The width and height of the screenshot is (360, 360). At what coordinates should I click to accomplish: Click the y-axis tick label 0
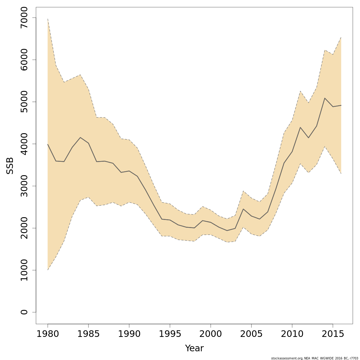(x=24, y=312)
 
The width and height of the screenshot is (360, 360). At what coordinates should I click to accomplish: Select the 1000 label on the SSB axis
(x=24, y=270)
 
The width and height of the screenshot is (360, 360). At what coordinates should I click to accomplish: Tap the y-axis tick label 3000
(x=24, y=186)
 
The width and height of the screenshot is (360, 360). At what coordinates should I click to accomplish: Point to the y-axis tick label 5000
(x=24, y=102)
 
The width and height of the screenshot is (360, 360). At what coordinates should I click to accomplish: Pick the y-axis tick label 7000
(x=24, y=18)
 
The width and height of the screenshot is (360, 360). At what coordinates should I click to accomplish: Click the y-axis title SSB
(x=10, y=166)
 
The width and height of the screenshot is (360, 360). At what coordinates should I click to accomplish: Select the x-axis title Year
(x=194, y=349)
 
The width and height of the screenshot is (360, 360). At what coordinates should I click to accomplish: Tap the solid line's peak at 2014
(x=325, y=98)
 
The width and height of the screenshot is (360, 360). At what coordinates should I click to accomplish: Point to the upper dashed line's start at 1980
(x=48, y=19)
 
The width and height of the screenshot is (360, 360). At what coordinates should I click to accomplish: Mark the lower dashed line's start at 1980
(x=48, y=270)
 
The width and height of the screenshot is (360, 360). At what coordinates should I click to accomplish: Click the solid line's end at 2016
(x=341, y=105)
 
